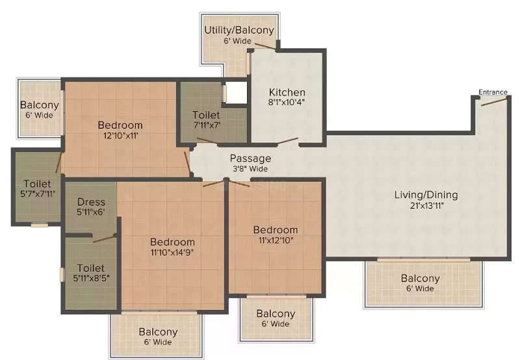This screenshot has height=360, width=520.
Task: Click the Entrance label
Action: coord(493,92)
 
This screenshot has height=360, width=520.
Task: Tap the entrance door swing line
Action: coord(494,102)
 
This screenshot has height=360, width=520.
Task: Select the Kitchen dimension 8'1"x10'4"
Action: coord(287,102)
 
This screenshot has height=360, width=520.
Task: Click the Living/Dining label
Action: coord(426,194)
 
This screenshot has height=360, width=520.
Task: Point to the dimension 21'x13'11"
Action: coord(426,205)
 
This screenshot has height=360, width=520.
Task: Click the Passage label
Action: coord(250,159)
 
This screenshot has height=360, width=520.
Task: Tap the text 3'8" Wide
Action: coord(250,169)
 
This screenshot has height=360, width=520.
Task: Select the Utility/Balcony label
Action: coord(239,30)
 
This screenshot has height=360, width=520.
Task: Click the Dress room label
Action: coord(91,202)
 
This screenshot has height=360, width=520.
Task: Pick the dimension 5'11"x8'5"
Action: coord(91,277)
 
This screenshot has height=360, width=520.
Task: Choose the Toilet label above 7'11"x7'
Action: coord(206,115)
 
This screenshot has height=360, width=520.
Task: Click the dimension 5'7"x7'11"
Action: coord(38,194)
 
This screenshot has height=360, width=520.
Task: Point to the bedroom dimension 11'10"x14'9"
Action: coord(172,252)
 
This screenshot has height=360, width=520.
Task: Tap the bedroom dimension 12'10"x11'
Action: coord(120,135)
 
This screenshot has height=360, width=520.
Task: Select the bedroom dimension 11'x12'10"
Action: coord(276,240)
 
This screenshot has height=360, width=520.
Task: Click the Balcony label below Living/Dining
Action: coord(420,278)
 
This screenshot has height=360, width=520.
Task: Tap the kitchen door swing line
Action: coord(287,141)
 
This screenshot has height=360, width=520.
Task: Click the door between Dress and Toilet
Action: coord(104,238)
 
